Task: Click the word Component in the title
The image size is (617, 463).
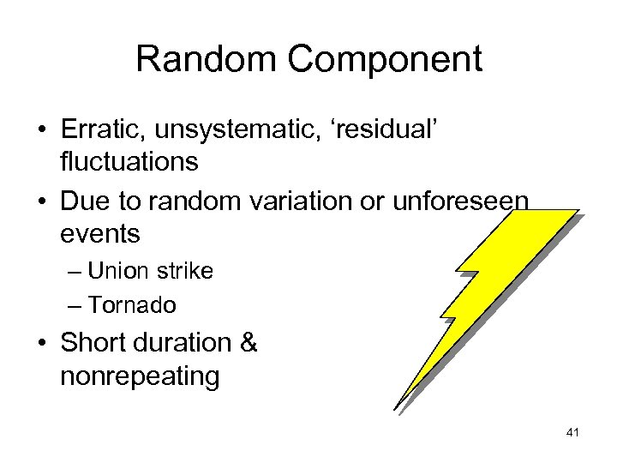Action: pos(385,60)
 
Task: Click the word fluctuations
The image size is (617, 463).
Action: pos(129,161)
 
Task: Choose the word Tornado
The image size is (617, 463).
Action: pos(132,304)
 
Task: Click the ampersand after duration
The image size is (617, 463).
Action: pos(249,343)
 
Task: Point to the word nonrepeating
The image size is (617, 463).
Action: pos(140,376)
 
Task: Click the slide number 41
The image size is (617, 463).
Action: pos(573,433)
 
